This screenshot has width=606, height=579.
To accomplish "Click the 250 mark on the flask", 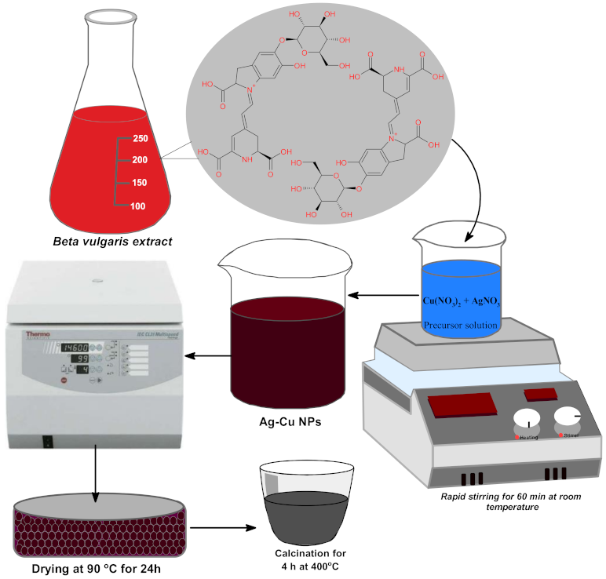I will (141, 139).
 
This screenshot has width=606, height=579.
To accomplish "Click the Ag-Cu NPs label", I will (286, 422).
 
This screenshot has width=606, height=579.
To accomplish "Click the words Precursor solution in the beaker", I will (461, 325).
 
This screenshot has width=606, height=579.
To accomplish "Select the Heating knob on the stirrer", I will (528, 421).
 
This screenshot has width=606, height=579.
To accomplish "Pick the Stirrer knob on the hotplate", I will (568, 417).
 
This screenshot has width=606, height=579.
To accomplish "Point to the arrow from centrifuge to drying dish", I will (95, 474).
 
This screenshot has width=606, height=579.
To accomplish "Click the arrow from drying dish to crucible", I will (217, 526).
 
